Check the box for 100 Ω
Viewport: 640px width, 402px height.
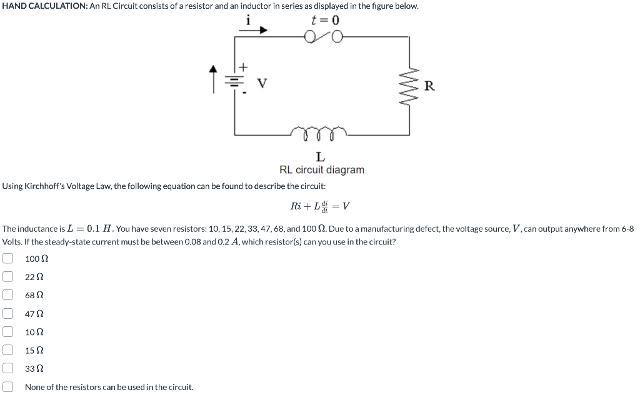[7, 258]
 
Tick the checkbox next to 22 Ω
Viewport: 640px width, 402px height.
[7, 276]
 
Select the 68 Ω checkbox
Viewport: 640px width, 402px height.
[7, 295]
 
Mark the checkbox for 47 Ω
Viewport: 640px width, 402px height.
[7, 313]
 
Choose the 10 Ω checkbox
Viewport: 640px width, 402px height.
[7, 332]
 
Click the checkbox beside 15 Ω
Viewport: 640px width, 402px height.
[7, 350]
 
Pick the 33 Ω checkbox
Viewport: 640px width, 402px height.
[7, 369]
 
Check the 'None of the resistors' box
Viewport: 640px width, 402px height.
[7, 387]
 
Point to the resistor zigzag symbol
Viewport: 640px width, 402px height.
[410, 86]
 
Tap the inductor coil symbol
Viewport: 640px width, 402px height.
[319, 132]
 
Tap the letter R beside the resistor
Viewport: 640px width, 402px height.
[429, 86]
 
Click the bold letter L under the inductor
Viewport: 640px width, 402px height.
[320, 156]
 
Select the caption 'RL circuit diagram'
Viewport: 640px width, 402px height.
[321, 170]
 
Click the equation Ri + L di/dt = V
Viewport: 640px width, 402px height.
[320, 206]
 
